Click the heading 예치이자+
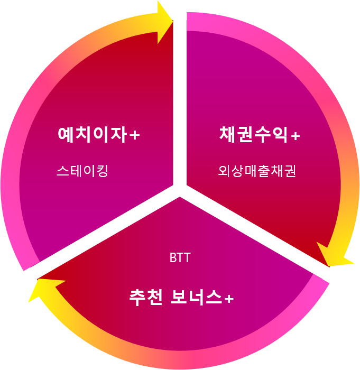click(x=98, y=134)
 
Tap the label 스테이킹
click(x=82, y=171)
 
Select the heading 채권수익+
click(x=259, y=134)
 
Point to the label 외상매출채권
click(x=257, y=171)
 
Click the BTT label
click(x=180, y=258)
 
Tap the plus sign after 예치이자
click(x=135, y=136)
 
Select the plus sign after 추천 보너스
click(x=228, y=299)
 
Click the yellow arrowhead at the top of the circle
click(x=164, y=22)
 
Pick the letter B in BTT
click(x=173, y=258)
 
